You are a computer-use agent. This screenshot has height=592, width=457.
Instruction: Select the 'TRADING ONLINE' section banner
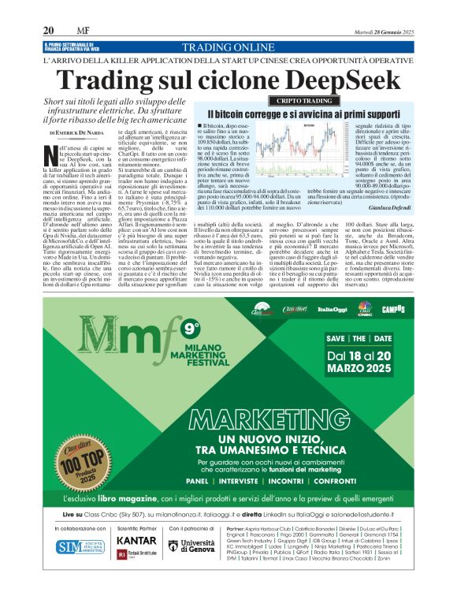click(x=228, y=47)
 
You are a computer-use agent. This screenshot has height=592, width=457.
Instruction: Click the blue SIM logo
click(x=76, y=546)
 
